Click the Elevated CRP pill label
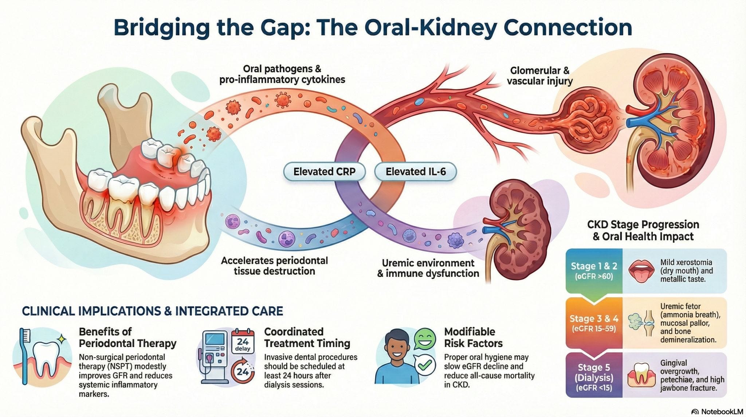click(324, 171)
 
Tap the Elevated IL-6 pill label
click(415, 171)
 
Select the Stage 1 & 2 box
click(594, 271)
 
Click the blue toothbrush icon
click(24, 356)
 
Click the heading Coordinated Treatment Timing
click(307, 337)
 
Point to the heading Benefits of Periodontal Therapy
click(127, 337)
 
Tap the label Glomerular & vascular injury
click(539, 76)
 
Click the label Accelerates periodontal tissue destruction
click(274, 266)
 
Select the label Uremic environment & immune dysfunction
click(428, 268)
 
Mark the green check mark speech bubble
click(425, 365)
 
